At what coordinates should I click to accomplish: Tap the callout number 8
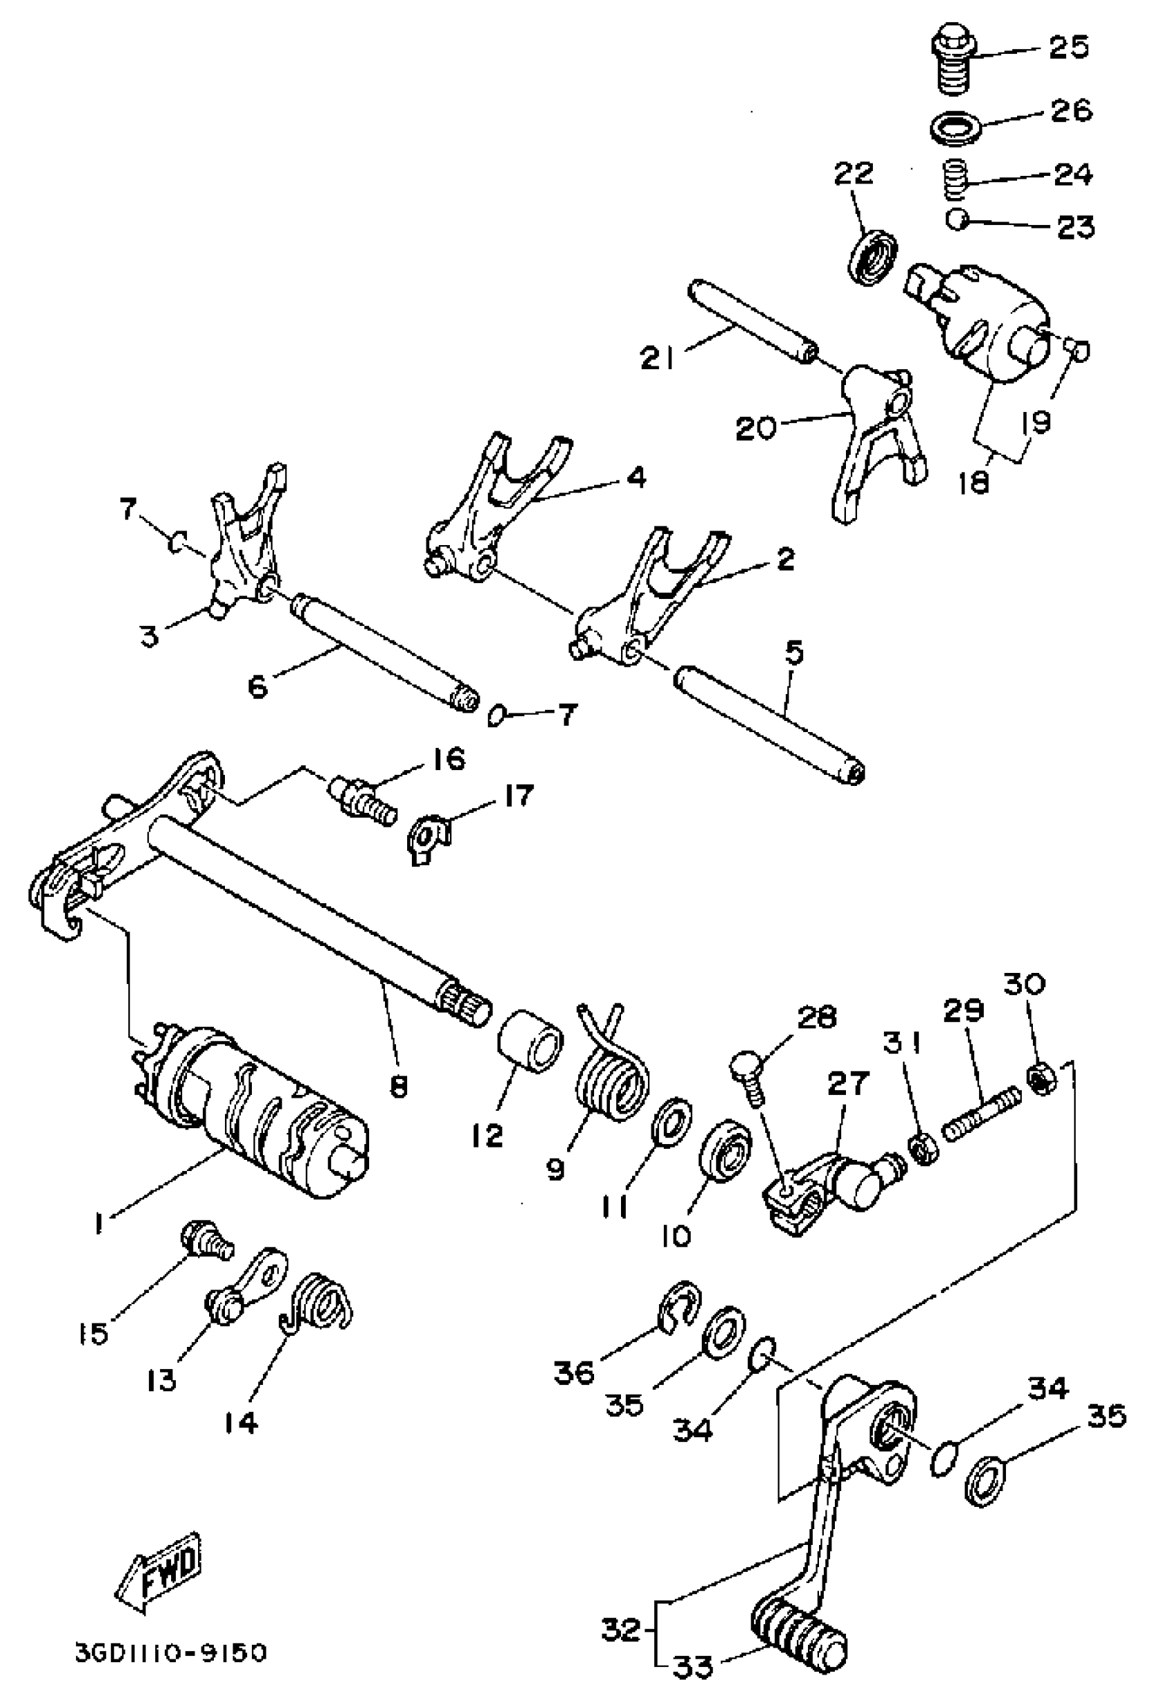398,1086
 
